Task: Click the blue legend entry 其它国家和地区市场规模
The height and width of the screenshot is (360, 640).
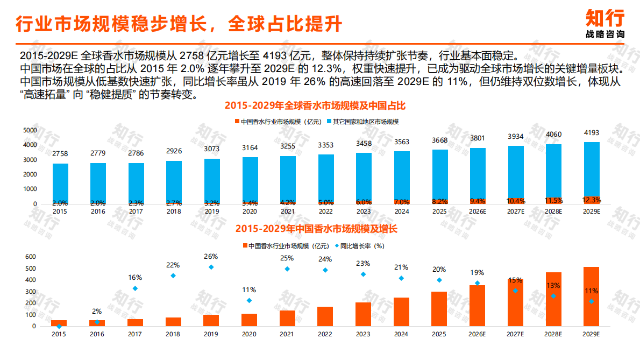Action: coord(365,122)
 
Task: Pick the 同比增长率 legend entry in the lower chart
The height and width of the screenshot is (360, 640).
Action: coord(361,246)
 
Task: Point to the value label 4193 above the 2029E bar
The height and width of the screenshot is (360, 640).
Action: coord(591,133)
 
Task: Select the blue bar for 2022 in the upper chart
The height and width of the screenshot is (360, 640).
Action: coord(326,178)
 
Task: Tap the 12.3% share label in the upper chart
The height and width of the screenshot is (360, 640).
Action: coord(592,200)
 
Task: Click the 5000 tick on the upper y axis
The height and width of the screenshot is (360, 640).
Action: coord(30,130)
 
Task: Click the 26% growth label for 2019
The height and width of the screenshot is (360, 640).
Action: coord(211,256)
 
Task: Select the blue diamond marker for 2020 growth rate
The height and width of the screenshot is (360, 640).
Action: coord(249,301)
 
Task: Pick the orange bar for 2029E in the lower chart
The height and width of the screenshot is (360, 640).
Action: coord(591,297)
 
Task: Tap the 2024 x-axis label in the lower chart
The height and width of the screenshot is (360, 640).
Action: coord(401,334)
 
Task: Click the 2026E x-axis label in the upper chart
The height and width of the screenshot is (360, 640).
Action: coord(477,212)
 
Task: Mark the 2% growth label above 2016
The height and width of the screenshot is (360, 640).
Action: coord(97,311)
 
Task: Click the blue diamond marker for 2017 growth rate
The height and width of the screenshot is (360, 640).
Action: coord(135,288)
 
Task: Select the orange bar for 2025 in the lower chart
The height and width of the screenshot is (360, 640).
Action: coord(439,309)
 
